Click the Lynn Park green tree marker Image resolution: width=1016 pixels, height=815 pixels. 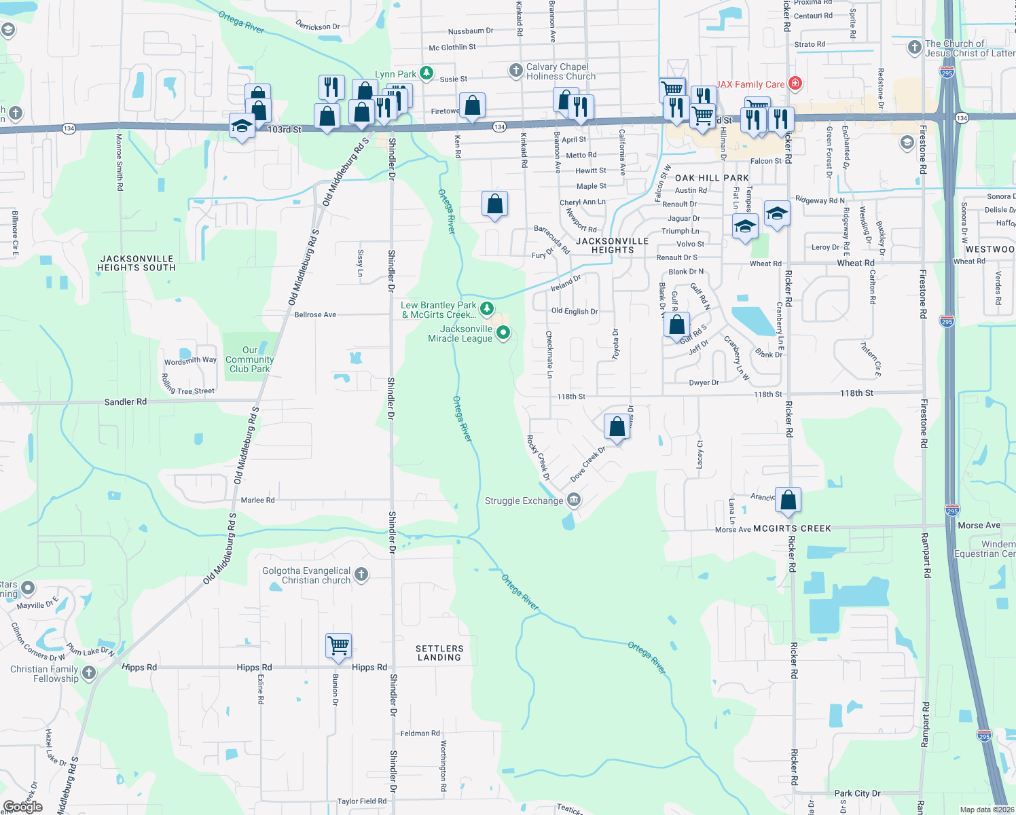pos(426,73)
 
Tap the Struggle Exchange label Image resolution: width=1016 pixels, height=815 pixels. pos(524,501)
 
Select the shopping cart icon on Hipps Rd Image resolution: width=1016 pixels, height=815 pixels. pos(338,645)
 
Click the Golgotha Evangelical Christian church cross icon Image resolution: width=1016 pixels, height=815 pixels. pos(361,575)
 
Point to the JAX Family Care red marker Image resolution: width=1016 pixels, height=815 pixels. pos(795,84)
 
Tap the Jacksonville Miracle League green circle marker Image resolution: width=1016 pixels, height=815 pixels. pos(503,333)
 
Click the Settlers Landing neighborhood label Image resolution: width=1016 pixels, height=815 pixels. pos(439,653)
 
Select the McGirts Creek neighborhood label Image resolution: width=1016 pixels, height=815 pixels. pos(792,528)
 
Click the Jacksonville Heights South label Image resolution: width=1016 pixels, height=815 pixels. pos(137,264)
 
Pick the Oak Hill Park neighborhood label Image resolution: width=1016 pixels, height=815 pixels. pos(712,178)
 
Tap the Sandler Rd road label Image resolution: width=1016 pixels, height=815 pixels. pos(125,402)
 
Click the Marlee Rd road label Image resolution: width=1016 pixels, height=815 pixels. pos(257,501)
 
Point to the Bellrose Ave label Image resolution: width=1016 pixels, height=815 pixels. pos(315,315)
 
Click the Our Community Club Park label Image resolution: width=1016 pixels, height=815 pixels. pos(250,360)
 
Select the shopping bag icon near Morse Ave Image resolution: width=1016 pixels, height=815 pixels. pos(788,501)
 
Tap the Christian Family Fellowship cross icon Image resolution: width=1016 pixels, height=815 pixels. pos(89,672)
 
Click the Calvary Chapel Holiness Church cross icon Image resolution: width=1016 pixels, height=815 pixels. pos(516,70)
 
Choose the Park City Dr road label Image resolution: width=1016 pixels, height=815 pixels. pos(857,793)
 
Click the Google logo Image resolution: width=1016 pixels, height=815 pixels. pos(23,807)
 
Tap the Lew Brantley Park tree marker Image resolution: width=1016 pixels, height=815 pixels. pos(487,309)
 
